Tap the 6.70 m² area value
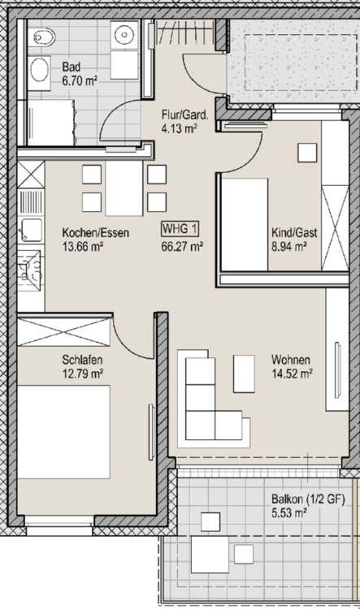(80, 81)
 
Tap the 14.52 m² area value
(293, 374)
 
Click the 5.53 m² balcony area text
(288, 513)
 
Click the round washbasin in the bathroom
(124, 34)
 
